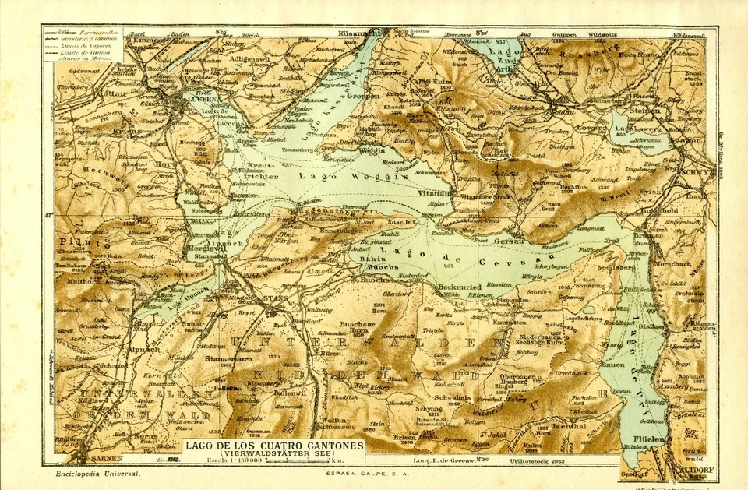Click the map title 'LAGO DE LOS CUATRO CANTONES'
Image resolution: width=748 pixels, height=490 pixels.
(273, 445)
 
